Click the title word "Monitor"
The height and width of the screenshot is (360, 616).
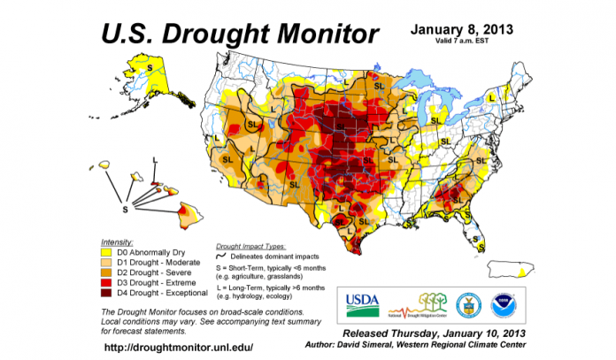[317, 34]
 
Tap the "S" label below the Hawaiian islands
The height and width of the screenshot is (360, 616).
[124, 210]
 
